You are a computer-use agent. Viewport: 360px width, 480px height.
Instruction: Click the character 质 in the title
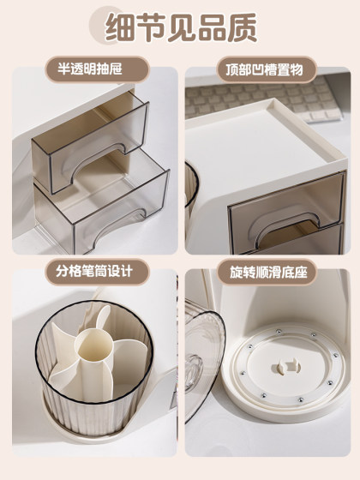[241, 27]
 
